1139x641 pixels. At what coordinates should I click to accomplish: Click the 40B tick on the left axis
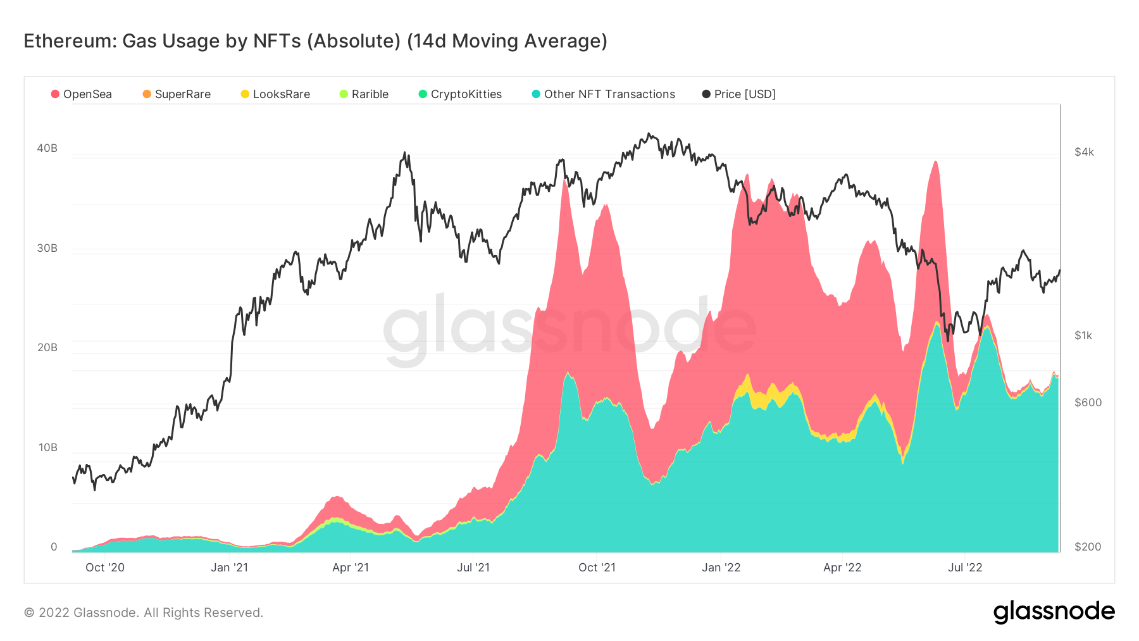click(47, 148)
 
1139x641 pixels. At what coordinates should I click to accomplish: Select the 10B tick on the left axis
click(47, 447)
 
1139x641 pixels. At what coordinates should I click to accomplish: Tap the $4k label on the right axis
click(1084, 152)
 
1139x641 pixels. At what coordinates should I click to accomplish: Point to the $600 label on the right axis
click(1088, 402)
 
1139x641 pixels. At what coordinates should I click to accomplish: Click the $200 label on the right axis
click(1087, 547)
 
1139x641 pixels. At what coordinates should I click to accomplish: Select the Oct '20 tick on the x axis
click(105, 568)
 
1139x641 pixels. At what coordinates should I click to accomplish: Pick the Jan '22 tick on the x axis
click(721, 568)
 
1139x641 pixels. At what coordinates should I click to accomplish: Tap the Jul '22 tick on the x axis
click(965, 568)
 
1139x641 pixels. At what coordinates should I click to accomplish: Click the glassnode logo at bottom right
click(1054, 612)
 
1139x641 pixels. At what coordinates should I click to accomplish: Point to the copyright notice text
click(144, 613)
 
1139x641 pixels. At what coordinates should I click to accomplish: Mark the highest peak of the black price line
click(649, 134)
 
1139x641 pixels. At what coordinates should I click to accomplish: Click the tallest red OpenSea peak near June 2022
click(935, 162)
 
